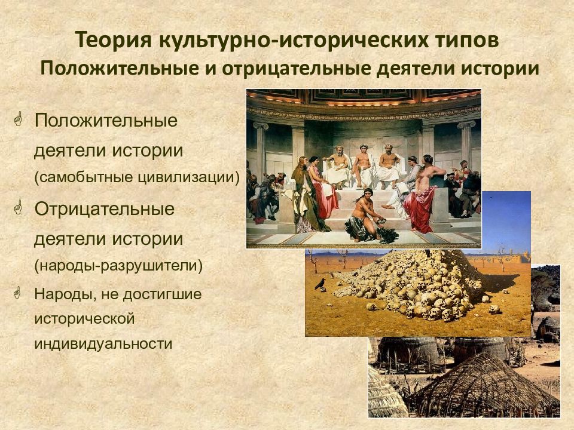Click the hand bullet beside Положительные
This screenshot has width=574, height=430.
[x=18, y=119]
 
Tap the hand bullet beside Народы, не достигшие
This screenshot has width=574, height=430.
[x=17, y=293]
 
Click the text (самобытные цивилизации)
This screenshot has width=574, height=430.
[x=137, y=177]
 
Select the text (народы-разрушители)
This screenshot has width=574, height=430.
[x=118, y=265]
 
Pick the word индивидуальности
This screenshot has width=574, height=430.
[x=103, y=344]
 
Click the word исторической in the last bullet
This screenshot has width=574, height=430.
[x=84, y=318]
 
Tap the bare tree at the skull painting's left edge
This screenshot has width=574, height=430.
[x=313, y=261]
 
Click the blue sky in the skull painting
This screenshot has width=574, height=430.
[x=506, y=219]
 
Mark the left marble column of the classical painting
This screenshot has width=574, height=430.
[x=261, y=153]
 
